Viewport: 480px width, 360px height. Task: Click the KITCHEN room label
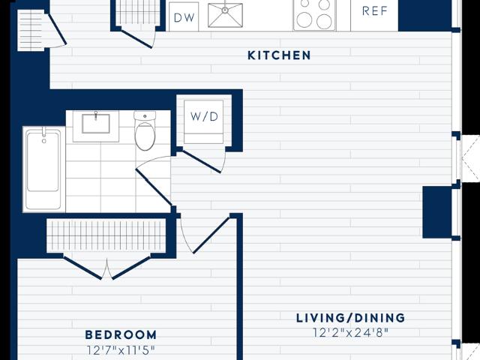pyautogui.click(x=279, y=55)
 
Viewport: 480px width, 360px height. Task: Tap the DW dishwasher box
pyautogui.click(x=184, y=16)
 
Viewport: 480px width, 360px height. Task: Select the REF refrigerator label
pyautogui.click(x=375, y=11)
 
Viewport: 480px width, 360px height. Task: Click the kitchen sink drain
pyautogui.click(x=225, y=10)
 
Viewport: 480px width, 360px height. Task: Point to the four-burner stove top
pyautogui.click(x=314, y=15)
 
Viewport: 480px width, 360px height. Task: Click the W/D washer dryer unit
pyautogui.click(x=203, y=121)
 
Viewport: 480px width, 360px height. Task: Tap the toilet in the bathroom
pyautogui.click(x=145, y=130)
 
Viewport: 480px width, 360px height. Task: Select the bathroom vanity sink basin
pyautogui.click(x=96, y=123)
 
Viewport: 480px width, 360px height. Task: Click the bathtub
pyautogui.click(x=43, y=169)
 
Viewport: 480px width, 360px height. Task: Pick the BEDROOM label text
pyautogui.click(x=121, y=334)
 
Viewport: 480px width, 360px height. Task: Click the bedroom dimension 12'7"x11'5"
pyautogui.click(x=121, y=350)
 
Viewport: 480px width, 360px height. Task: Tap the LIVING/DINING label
pyautogui.click(x=350, y=318)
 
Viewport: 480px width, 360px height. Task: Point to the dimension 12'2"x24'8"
pyautogui.click(x=350, y=332)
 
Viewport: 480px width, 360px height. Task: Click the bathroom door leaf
pyautogui.click(x=153, y=187)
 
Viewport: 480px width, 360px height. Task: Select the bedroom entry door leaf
pyautogui.click(x=211, y=235)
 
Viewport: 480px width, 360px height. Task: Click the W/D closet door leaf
pyautogui.click(x=202, y=161)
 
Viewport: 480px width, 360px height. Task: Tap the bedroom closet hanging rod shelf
pyautogui.click(x=106, y=235)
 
